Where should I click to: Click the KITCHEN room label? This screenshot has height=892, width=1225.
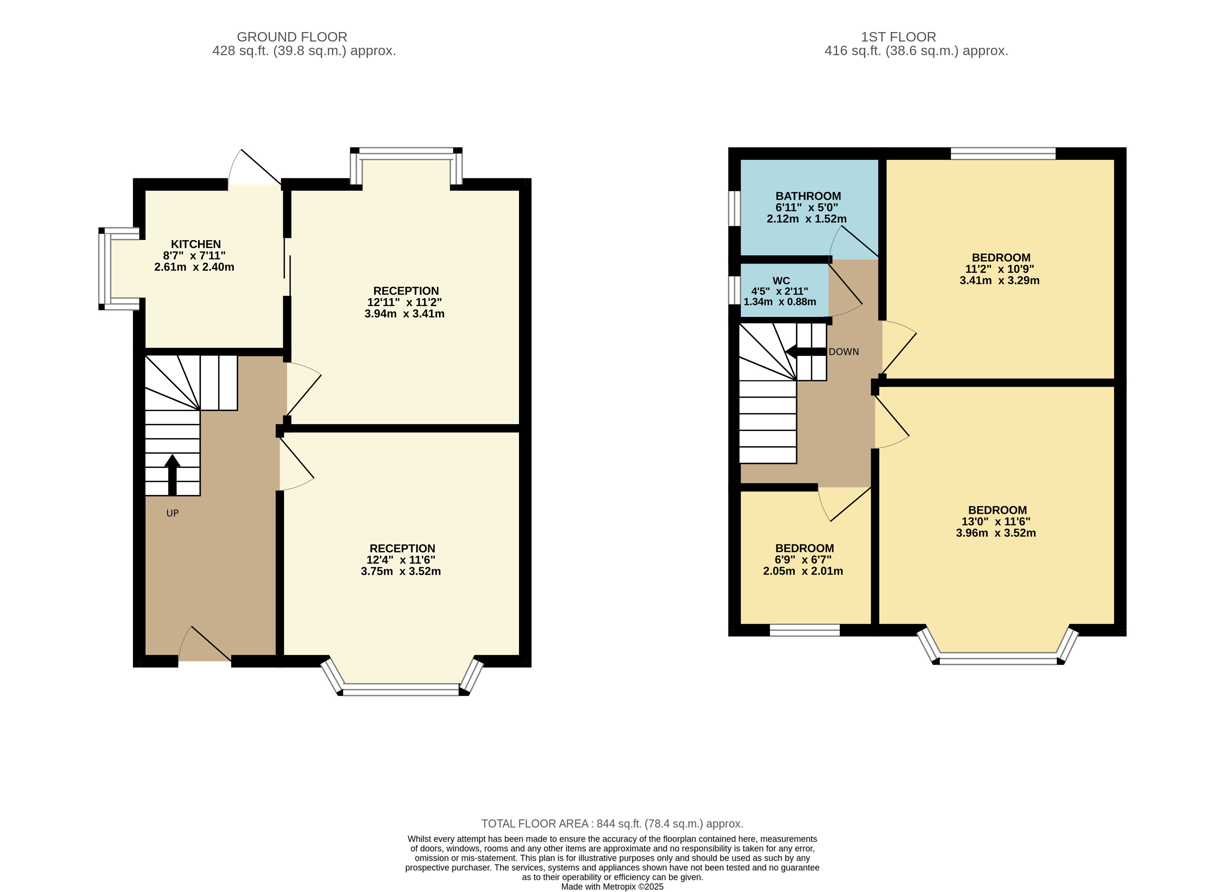tap(196, 244)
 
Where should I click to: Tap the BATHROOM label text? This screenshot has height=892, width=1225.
tap(808, 196)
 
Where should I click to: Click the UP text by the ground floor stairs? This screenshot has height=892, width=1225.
tap(172, 513)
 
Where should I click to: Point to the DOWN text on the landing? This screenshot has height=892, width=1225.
tap(844, 351)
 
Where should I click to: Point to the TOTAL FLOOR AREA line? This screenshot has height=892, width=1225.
tap(612, 824)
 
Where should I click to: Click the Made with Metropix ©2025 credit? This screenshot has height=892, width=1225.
tap(612, 887)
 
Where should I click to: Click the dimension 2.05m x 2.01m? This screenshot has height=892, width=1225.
tap(803, 571)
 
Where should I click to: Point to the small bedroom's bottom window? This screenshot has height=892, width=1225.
tap(804, 630)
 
